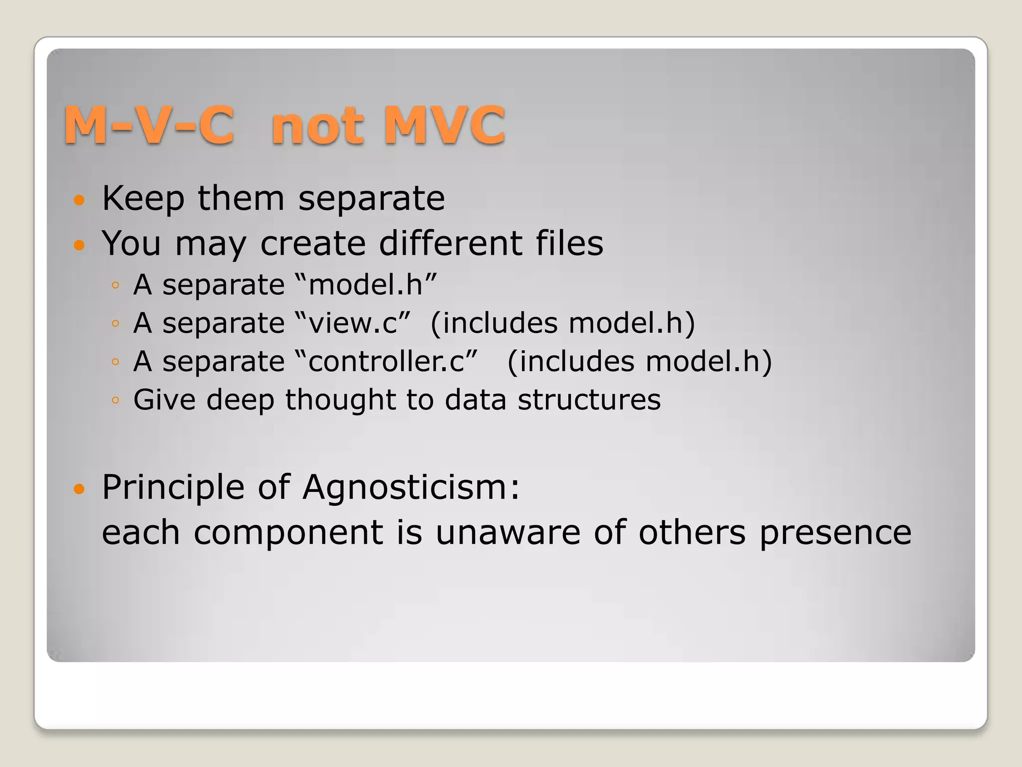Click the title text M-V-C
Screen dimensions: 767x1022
[149, 125]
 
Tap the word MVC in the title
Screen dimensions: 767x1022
[444, 125]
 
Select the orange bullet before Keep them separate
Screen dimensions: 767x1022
[79, 201]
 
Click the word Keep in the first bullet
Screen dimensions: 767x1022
[143, 199]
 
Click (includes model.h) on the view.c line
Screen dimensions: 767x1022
[562, 323]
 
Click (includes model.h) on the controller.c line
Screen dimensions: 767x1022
[639, 362]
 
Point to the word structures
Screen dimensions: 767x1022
[589, 400]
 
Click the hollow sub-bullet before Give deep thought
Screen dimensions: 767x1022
[115, 400]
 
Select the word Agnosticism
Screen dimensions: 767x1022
[411, 487]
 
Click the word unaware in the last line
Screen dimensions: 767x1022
[508, 532]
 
